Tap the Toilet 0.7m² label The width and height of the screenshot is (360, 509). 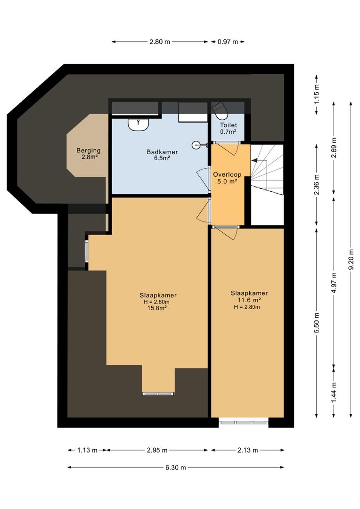[x=228, y=129]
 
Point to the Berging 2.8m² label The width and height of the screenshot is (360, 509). [x=89, y=154]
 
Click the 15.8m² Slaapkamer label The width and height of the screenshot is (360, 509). [x=158, y=302]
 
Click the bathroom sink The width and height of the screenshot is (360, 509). [x=139, y=124]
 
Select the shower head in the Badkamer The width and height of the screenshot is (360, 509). [x=198, y=145]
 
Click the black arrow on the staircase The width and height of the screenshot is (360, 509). [x=254, y=161]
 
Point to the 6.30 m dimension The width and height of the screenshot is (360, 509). [x=175, y=468]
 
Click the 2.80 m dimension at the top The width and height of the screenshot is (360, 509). [x=160, y=42]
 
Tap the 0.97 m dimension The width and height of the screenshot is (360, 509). [x=228, y=42]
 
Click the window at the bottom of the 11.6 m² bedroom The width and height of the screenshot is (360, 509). [x=244, y=422]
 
